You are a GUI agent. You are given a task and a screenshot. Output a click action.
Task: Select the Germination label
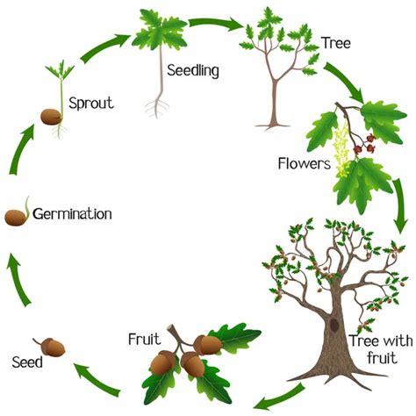point(75,213)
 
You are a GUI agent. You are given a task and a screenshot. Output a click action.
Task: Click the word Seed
point(25,361)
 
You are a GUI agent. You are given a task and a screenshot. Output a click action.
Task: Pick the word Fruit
point(143,338)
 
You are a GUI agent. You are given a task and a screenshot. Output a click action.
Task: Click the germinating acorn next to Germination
point(17,215)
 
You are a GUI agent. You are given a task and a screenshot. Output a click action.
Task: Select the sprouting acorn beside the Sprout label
point(50,117)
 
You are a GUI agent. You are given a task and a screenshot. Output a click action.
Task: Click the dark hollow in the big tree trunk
point(333,324)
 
